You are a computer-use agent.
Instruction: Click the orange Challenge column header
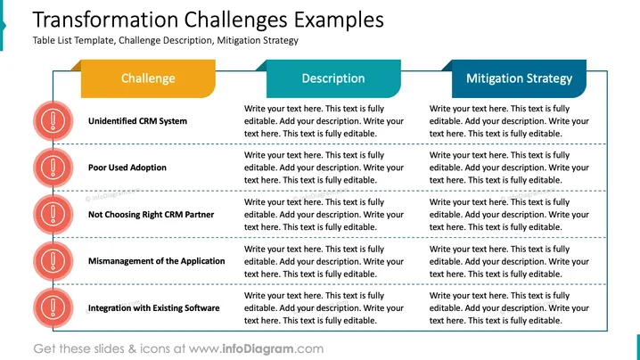(148, 78)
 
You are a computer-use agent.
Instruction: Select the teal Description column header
(333, 78)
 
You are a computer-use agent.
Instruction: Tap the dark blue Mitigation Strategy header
(519, 78)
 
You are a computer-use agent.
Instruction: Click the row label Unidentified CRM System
(137, 121)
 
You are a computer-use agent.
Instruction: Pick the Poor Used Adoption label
(127, 168)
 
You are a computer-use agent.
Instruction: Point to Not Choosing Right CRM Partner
(151, 215)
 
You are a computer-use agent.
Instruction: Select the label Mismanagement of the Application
(156, 261)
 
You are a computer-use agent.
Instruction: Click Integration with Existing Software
(154, 308)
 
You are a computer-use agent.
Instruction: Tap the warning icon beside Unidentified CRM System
(53, 121)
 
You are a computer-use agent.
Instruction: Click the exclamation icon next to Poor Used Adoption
(53, 168)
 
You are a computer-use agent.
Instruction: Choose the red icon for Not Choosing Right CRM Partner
(53, 215)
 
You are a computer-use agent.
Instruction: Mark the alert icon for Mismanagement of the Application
(53, 261)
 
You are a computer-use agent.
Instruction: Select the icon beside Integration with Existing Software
(53, 308)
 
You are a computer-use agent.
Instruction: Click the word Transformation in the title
(105, 20)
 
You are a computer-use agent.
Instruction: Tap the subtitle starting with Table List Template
(165, 40)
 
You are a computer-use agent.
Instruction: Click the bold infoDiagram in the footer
(258, 348)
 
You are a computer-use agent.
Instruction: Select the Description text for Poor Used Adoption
(324, 168)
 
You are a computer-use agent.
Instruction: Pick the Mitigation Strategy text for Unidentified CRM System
(509, 121)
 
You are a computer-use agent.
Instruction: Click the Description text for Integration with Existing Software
(324, 308)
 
